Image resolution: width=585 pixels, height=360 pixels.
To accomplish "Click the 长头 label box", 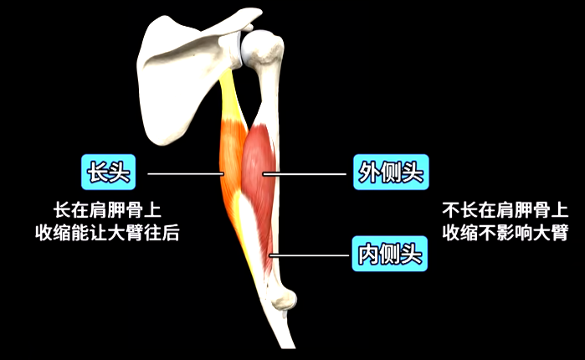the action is [108, 173].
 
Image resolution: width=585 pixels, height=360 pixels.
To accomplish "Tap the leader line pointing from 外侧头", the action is [305, 174].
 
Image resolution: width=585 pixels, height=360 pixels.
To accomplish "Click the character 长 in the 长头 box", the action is [96, 173].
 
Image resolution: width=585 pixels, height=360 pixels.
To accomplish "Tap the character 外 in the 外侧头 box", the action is [369, 174].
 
